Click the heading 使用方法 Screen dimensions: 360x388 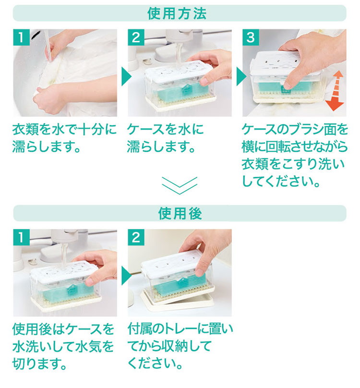177,13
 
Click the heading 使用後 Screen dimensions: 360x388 180,213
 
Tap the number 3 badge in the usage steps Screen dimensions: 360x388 251,37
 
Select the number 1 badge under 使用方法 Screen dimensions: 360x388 21,37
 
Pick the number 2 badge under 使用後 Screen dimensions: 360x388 136,237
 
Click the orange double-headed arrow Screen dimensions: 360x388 335,91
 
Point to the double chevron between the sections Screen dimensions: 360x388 180,185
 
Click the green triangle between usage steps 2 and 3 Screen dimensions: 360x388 241,76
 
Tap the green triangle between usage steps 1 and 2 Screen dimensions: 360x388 126,76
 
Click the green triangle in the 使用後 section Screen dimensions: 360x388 126,276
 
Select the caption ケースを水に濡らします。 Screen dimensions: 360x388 165,138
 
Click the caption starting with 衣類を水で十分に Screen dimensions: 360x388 64,138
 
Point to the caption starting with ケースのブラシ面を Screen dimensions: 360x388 295,156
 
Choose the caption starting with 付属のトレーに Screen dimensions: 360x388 180,346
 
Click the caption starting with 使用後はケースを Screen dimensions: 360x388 63,346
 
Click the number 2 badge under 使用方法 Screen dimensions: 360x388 136,37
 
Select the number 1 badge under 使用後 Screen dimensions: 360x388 21,237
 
